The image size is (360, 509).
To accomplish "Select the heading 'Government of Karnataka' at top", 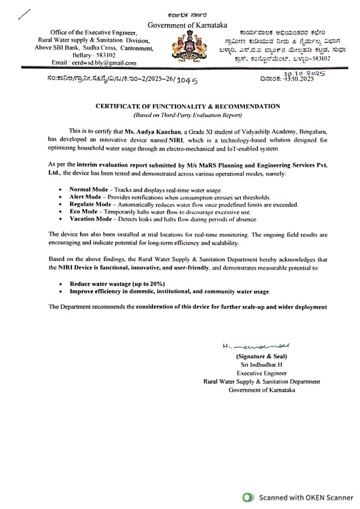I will pyautogui.click(x=180, y=24).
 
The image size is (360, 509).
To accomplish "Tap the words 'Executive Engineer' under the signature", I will pyautogui.click(x=261, y=374).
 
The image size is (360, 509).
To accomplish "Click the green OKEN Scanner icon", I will pyautogui.click(x=246, y=498).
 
